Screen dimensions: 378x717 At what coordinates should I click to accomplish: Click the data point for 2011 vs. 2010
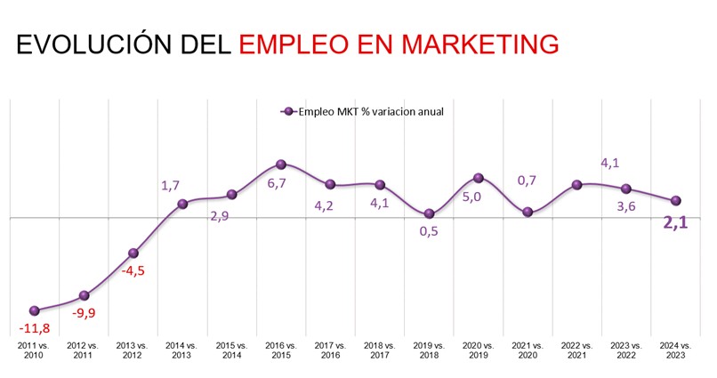click(x=35, y=310)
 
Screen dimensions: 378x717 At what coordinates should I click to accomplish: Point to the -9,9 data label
click(x=84, y=314)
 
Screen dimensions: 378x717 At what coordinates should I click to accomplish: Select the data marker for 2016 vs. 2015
click(x=281, y=165)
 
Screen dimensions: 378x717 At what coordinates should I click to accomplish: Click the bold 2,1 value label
click(x=675, y=224)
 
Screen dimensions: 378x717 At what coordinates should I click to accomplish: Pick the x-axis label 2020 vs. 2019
click(x=478, y=349)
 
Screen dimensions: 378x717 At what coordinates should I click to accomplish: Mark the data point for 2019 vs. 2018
click(x=429, y=213)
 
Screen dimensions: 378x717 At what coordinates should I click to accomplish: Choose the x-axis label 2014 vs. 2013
click(x=182, y=349)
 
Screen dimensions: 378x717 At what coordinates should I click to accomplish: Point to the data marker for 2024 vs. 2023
click(x=675, y=201)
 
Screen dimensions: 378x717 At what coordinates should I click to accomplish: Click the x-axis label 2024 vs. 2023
click(x=675, y=349)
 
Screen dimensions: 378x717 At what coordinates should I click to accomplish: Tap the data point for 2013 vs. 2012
click(x=133, y=253)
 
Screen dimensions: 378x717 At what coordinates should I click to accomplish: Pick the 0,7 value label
click(x=528, y=181)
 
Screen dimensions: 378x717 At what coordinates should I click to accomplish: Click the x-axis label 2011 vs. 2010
click(x=35, y=349)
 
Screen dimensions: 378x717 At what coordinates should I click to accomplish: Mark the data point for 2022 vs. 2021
click(x=576, y=184)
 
